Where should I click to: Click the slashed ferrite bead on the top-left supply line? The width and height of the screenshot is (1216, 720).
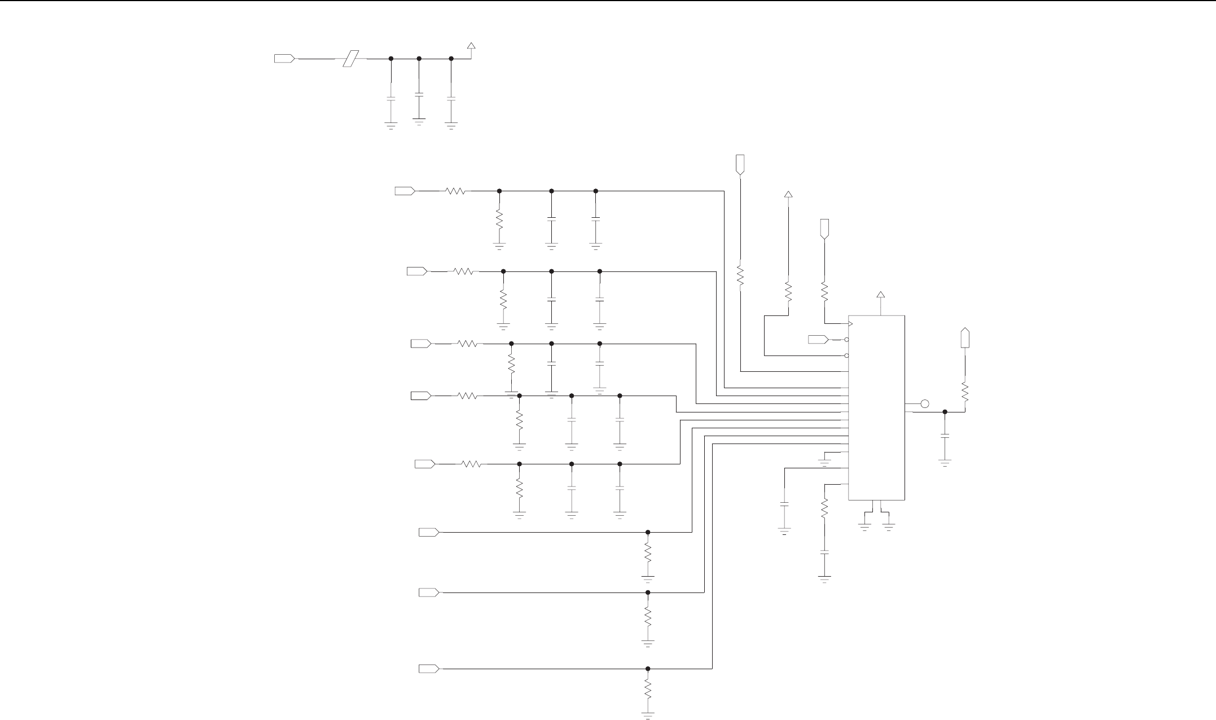point(352,58)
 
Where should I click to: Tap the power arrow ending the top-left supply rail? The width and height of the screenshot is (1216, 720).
point(471,46)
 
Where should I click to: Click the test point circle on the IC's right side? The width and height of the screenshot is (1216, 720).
point(924,403)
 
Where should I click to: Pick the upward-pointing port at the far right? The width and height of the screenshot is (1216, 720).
point(965,337)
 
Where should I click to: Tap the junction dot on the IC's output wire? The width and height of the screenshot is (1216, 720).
point(945,412)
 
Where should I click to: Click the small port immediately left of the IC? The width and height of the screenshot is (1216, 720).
point(818,339)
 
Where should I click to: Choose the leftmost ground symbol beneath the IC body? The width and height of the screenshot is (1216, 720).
point(863,526)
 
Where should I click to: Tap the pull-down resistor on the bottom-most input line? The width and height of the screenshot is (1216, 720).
point(648,689)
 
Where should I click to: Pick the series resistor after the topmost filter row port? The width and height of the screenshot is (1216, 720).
point(455,191)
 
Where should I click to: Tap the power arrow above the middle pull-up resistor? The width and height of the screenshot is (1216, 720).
point(788,195)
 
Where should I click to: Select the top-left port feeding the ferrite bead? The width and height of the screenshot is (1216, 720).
point(284,58)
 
